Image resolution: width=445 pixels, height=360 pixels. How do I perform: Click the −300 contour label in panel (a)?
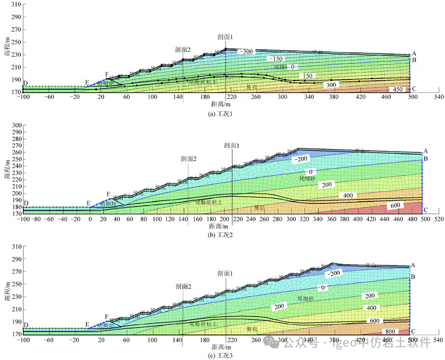(246, 51)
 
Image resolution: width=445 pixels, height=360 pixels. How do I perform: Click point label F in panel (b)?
(109, 195)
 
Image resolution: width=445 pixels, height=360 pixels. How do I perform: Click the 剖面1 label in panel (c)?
(226, 273)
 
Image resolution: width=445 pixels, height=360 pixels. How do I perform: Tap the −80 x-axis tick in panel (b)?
(35, 219)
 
